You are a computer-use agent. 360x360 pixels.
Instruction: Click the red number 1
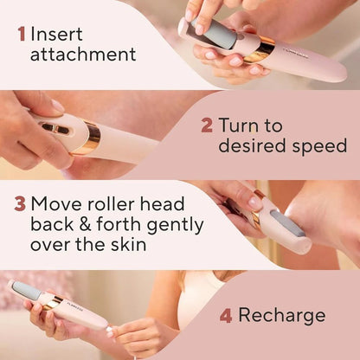20,35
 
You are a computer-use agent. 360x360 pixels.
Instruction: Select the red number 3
19,204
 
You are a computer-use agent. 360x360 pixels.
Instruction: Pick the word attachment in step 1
83,55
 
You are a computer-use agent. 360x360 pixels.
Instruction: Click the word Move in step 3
57,204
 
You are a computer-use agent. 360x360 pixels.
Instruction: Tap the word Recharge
282,315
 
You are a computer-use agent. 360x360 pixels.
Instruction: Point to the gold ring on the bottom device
54,303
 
